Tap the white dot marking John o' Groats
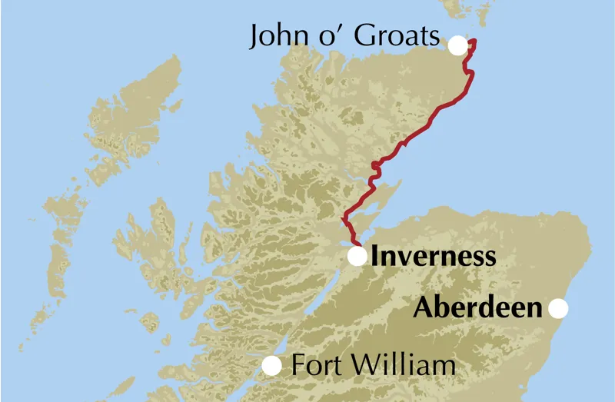[x=457, y=45]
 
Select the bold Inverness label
[x=433, y=256]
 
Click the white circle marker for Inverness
[x=357, y=256]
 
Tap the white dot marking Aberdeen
[x=558, y=309]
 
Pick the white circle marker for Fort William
[x=272, y=367]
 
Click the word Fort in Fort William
[x=315, y=365]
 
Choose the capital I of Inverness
[x=375, y=256]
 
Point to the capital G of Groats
[x=366, y=36]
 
